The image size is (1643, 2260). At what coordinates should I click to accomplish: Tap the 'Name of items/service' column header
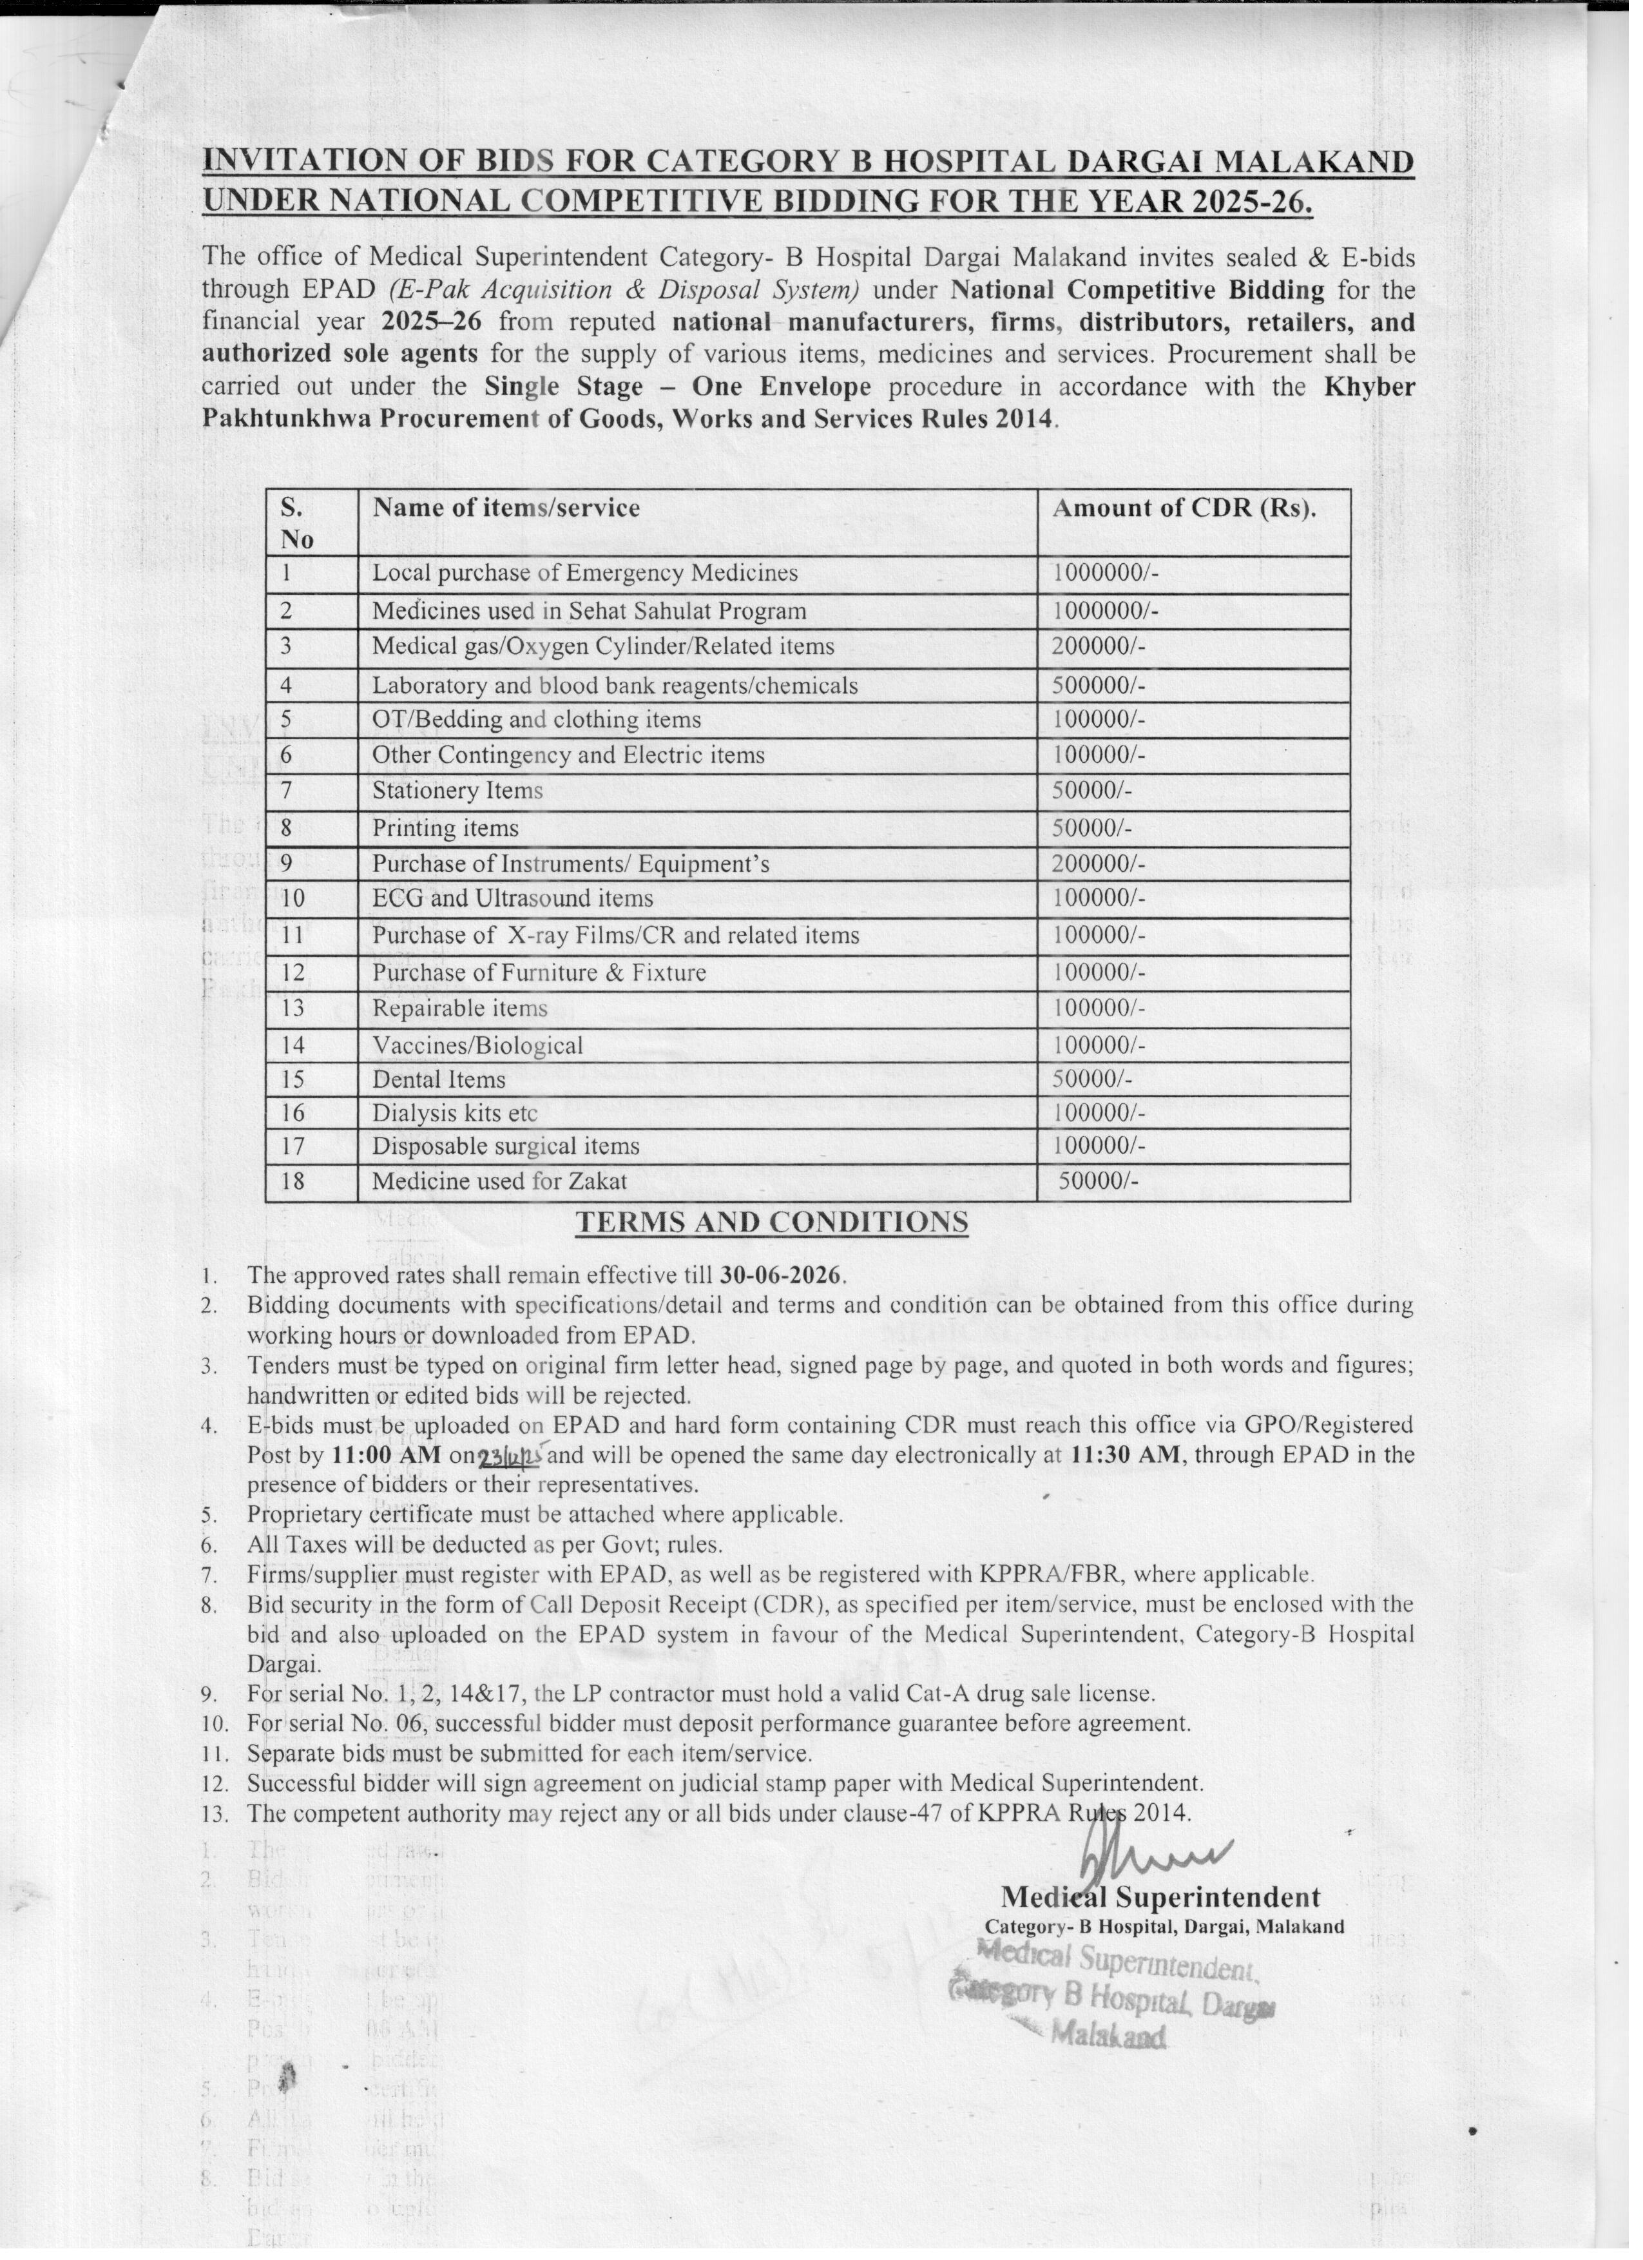tap(506, 508)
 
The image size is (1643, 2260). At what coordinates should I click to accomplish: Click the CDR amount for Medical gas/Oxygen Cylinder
tap(1098, 647)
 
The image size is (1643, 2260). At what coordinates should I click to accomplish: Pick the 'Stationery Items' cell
tap(457, 791)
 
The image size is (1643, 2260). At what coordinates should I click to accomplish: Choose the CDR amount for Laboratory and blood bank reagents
tap(1098, 686)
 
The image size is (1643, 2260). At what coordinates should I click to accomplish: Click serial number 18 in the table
tap(292, 1182)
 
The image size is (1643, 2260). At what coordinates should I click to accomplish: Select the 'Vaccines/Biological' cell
tap(477, 1047)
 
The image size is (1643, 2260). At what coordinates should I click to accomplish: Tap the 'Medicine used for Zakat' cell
tap(499, 1182)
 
